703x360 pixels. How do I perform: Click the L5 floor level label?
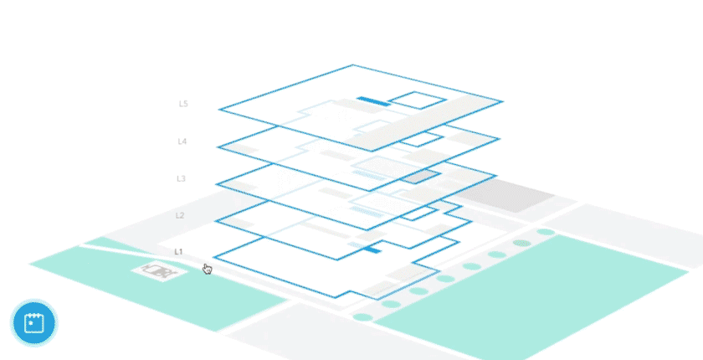pyautogui.click(x=183, y=105)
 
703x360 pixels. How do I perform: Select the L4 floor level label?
pyautogui.click(x=182, y=141)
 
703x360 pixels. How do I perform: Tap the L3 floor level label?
pyautogui.click(x=181, y=178)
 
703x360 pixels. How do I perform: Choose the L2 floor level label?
pyautogui.click(x=179, y=215)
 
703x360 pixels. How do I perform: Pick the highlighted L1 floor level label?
pyautogui.click(x=178, y=251)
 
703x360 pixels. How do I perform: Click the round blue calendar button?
pyautogui.click(x=34, y=322)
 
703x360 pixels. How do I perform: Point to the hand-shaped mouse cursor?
pyautogui.click(x=207, y=269)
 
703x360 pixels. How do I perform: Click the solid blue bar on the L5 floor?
pyautogui.click(x=372, y=101)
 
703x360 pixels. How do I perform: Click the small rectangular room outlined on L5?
pyautogui.click(x=417, y=100)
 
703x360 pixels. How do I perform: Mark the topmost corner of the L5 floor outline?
pyautogui.click(x=352, y=65)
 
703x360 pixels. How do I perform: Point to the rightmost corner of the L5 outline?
pyautogui.click(x=502, y=102)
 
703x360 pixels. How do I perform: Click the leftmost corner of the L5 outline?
pyautogui.click(x=219, y=110)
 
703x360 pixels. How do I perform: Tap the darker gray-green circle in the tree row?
pyautogui.click(x=521, y=243)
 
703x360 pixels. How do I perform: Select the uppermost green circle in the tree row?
pyautogui.click(x=546, y=232)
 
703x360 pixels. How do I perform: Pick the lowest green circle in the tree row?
pyautogui.click(x=362, y=317)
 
